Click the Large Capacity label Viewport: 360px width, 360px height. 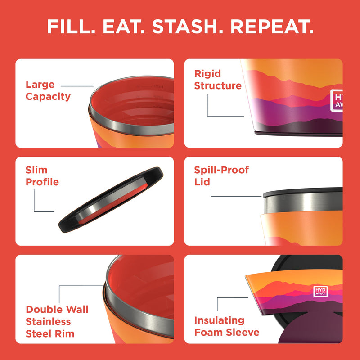[48, 90]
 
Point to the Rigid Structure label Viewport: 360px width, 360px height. [218, 80]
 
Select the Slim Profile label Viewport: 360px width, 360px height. [42, 176]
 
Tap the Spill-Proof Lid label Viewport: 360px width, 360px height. [221, 176]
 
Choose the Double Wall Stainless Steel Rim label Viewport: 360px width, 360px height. [57, 321]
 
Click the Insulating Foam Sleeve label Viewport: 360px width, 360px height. [226, 326]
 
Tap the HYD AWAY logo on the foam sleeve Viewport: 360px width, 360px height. [320, 292]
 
